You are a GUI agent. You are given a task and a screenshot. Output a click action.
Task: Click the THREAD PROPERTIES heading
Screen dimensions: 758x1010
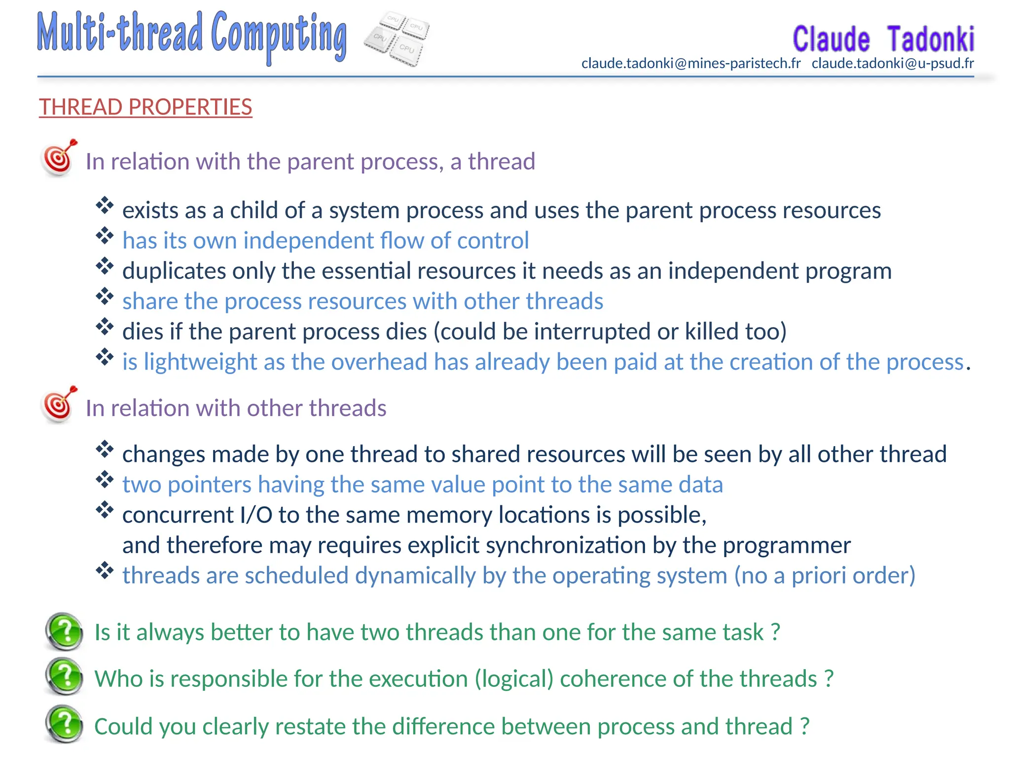point(145,107)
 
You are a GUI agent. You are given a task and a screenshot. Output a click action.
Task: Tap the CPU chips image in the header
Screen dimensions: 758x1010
point(397,39)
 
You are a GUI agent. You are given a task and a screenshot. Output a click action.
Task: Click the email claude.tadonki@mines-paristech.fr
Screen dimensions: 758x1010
point(691,64)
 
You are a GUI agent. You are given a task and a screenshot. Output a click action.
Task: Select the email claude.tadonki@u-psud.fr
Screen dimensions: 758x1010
point(893,64)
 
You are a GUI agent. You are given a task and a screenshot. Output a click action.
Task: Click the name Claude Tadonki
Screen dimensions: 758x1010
point(883,39)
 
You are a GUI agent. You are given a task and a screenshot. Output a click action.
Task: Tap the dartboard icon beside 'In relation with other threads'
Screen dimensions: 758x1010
point(59,405)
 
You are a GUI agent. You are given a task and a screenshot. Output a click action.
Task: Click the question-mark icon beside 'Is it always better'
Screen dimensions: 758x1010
point(65,631)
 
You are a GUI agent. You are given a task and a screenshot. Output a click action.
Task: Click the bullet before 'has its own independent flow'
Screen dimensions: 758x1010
point(105,236)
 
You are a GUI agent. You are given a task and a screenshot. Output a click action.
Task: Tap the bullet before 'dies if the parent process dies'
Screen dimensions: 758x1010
point(105,327)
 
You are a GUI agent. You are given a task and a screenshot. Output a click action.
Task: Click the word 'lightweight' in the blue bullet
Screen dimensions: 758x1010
point(200,362)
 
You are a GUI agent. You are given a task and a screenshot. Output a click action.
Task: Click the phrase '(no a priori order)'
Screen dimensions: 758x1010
point(825,575)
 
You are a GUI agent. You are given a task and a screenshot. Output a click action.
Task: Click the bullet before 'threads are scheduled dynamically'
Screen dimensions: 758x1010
point(105,571)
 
